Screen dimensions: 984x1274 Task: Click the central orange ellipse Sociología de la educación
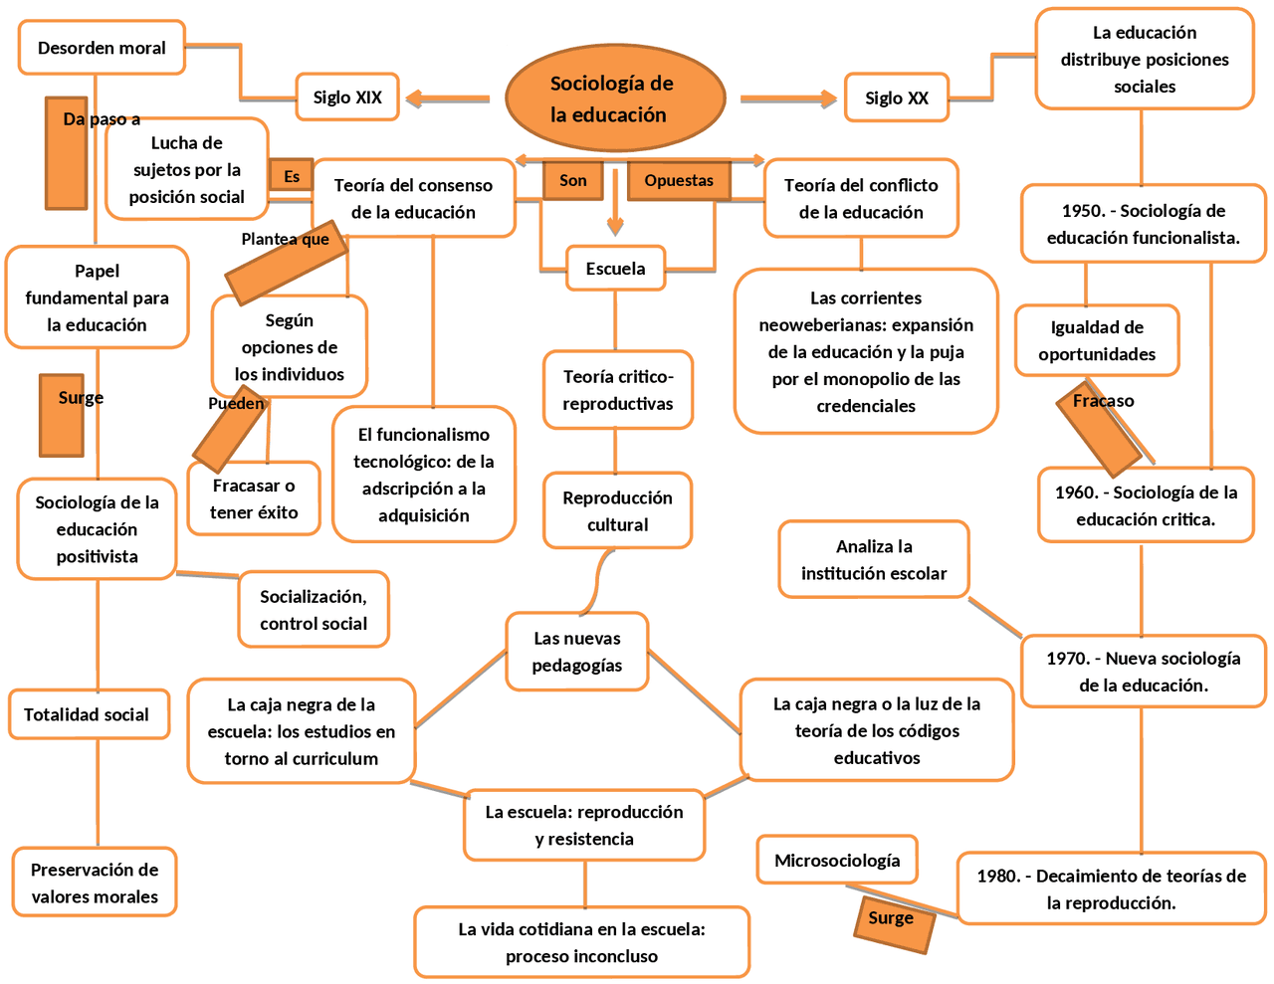pyautogui.click(x=614, y=98)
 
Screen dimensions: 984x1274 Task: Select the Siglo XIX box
pyautogui.click(x=347, y=98)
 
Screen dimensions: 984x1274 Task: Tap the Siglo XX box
pyautogui.click(x=896, y=98)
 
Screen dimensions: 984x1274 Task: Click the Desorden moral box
pyautogui.click(x=102, y=48)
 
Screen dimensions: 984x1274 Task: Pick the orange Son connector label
pyautogui.click(x=572, y=180)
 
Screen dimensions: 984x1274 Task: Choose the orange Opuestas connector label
pyautogui.click(x=679, y=180)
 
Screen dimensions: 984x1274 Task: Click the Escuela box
pyautogui.click(x=615, y=269)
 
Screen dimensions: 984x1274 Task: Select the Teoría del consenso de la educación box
pyautogui.click(x=413, y=198)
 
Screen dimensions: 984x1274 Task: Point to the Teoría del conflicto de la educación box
pyautogui.click(x=861, y=198)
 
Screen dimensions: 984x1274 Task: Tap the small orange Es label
pyautogui.click(x=291, y=176)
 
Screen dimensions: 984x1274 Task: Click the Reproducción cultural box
pyautogui.click(x=617, y=510)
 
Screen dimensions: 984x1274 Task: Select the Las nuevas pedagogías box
pyautogui.click(x=577, y=652)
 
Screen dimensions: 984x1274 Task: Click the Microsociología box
pyautogui.click(x=837, y=861)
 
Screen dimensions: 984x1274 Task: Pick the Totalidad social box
pyautogui.click(x=89, y=714)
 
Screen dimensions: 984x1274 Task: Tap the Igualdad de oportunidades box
pyautogui.click(x=1097, y=340)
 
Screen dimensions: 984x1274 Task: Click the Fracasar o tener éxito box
pyautogui.click(x=254, y=498)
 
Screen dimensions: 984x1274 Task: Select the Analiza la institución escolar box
pyautogui.click(x=874, y=559)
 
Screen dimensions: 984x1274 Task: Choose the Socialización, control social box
pyautogui.click(x=314, y=610)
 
